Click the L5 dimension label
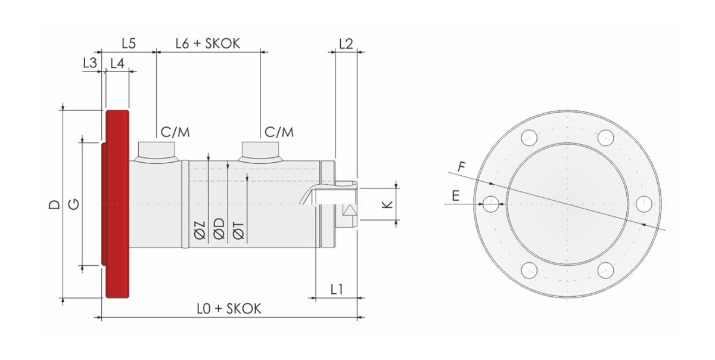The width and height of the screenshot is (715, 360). [129, 44]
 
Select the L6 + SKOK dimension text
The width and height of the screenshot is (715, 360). [208, 44]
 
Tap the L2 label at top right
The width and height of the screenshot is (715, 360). [346, 44]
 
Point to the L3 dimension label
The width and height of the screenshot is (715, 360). [90, 63]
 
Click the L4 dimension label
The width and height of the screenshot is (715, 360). [117, 63]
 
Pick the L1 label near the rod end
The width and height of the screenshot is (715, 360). [337, 290]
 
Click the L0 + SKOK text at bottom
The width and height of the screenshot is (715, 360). [229, 309]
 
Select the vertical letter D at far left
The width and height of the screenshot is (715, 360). [54, 204]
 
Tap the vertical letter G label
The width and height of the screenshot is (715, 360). [74, 204]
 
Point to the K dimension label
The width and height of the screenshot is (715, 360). [387, 204]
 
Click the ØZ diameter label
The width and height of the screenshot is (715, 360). [200, 230]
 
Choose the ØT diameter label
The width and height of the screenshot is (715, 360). [239, 230]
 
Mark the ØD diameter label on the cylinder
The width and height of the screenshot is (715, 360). [219, 229]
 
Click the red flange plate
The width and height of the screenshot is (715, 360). [117, 204]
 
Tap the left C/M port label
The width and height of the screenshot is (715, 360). [175, 132]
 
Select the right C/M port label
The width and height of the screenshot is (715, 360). [279, 132]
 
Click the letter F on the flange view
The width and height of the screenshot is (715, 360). [462, 167]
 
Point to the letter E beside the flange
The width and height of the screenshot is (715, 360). [455, 195]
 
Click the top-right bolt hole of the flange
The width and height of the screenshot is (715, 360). [605, 138]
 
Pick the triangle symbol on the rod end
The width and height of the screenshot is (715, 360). [350, 210]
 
